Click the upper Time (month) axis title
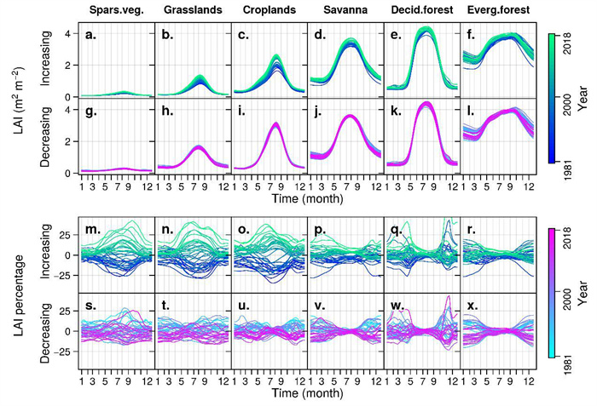306,198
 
